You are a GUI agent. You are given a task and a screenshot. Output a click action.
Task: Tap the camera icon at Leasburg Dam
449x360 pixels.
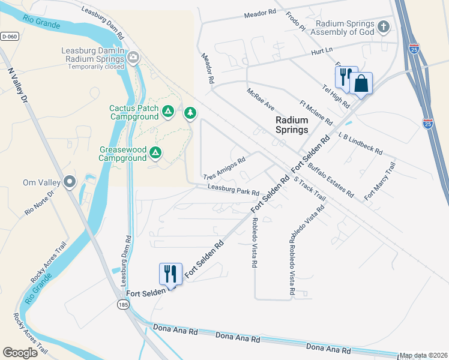[133, 58]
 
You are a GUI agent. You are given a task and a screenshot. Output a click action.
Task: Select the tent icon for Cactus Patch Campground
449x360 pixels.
[169, 111]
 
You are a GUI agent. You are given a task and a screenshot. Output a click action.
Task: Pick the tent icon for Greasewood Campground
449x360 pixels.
[155, 153]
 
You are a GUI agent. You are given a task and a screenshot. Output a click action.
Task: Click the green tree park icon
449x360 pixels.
[190, 113]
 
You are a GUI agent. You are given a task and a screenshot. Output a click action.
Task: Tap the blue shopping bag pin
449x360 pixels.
[361, 83]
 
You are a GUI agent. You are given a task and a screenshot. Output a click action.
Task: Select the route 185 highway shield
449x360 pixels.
[122, 305]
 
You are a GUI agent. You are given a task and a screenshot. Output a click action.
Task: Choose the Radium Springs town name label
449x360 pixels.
[291, 125]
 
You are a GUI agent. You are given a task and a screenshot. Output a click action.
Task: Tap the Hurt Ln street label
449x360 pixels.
[322, 52]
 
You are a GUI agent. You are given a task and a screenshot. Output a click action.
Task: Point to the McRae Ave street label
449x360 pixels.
[261, 100]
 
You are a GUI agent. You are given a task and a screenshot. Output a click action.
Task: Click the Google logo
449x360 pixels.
[20, 352]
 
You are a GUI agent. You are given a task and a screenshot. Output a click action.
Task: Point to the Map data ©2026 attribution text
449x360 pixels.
[423, 355]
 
